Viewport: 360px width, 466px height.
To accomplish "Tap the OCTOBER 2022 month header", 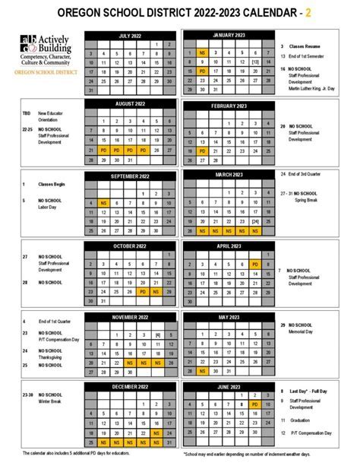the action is click(130, 246).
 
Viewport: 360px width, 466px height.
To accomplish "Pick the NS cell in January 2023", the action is click(201, 53).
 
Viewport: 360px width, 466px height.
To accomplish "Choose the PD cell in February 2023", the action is click(201, 151).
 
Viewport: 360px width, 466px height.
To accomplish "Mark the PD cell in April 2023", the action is click(254, 264).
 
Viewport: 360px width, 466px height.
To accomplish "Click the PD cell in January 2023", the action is click(201, 71).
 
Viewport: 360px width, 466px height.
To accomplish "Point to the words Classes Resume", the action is click(305, 46).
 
